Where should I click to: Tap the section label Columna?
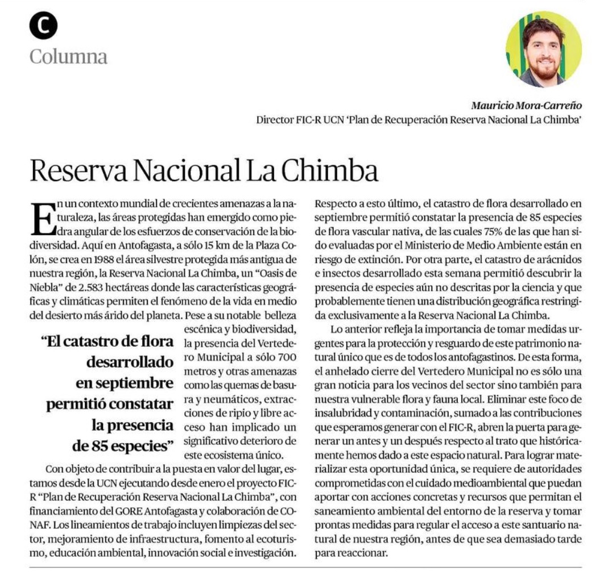coord(68,56)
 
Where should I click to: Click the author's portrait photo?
coord(543,49)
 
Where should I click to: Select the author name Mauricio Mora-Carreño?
coord(526,105)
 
